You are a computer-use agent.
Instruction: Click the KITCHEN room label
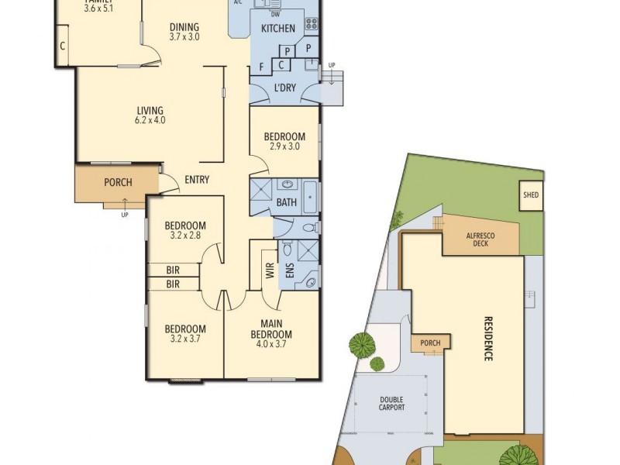pyautogui.click(x=277, y=29)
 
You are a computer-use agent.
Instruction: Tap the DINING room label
pyautogui.click(x=184, y=27)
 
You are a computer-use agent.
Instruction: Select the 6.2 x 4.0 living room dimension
pyautogui.click(x=150, y=120)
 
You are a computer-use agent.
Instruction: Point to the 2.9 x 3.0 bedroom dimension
pyautogui.click(x=284, y=146)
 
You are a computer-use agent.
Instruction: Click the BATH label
pyautogui.click(x=287, y=203)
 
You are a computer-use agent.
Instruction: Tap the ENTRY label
pyautogui.click(x=197, y=181)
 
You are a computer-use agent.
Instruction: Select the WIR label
pyautogui.click(x=270, y=272)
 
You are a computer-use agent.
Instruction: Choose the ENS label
pyautogui.click(x=289, y=272)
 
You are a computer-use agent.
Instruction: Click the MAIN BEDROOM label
pyautogui.click(x=270, y=329)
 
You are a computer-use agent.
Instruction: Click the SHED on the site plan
pyautogui.click(x=531, y=195)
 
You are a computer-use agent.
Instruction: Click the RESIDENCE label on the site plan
pyautogui.click(x=489, y=339)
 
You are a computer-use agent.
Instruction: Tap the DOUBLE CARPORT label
pyautogui.click(x=391, y=403)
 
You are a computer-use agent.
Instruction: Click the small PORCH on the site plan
pyautogui.click(x=430, y=343)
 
